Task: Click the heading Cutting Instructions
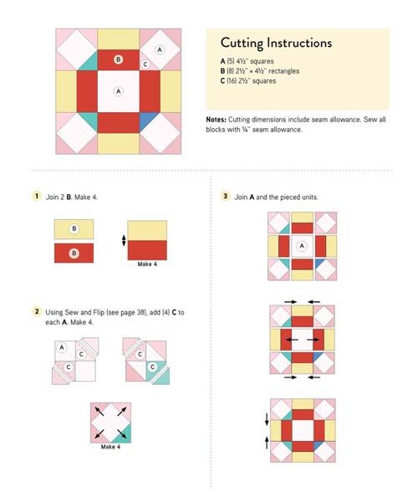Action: (276, 43)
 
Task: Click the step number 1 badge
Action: (37, 197)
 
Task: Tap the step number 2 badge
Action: (37, 311)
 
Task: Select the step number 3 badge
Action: (225, 197)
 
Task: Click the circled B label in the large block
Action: (118, 59)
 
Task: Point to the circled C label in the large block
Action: (145, 64)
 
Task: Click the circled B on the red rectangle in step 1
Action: (74, 254)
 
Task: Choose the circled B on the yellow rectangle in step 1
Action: (74, 228)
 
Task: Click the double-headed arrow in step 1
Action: (124, 240)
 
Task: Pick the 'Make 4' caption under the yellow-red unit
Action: (147, 264)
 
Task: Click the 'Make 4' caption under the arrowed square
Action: (110, 447)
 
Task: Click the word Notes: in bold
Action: (216, 120)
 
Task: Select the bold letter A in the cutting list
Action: (222, 61)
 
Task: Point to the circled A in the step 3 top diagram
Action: (302, 246)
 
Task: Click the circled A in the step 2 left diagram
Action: (62, 347)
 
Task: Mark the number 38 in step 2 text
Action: (141, 313)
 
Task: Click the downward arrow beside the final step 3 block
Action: (267, 419)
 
